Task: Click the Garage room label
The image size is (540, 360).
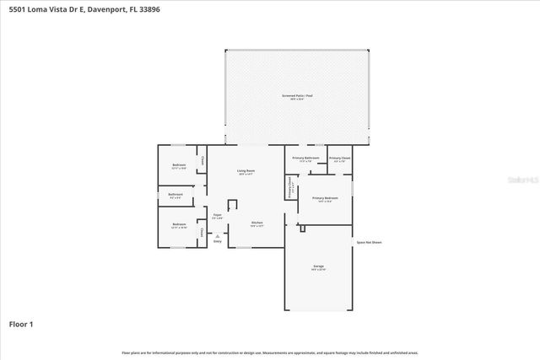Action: (x=318, y=266)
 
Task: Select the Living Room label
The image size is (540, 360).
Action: (x=246, y=171)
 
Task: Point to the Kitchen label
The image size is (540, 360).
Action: (x=256, y=223)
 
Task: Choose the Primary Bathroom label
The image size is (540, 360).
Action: (x=305, y=158)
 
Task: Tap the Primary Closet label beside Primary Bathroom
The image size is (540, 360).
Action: (x=340, y=158)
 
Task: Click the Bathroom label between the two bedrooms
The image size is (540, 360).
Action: (x=175, y=195)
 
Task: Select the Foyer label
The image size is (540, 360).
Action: (x=217, y=215)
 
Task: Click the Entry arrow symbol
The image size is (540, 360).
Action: (x=217, y=235)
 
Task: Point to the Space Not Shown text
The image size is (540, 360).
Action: (x=369, y=242)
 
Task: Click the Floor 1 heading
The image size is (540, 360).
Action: (x=21, y=324)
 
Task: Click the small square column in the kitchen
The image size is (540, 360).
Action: (x=232, y=205)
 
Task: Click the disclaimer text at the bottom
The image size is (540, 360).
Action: (x=270, y=352)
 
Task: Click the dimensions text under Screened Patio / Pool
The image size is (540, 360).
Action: (x=299, y=100)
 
